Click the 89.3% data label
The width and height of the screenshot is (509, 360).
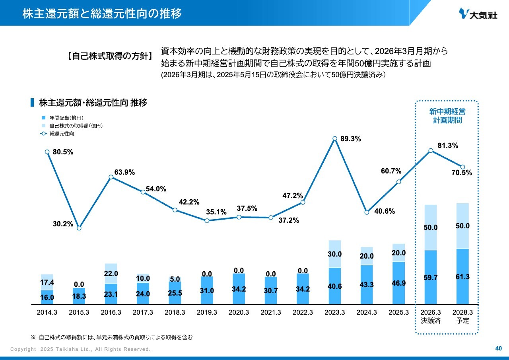351,139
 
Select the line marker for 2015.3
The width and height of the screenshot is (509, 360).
79,228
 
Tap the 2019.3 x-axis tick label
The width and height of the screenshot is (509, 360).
207,312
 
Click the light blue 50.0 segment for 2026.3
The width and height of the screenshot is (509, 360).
431,228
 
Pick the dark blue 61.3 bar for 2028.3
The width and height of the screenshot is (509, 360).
463,276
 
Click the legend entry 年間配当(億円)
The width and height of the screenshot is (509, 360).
66,118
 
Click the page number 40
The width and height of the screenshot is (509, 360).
498,349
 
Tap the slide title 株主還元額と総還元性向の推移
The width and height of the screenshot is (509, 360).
102,14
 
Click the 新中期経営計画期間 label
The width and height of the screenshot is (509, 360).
447,115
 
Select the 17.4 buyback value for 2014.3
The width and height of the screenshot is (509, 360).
47,282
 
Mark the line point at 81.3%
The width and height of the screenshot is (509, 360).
431,151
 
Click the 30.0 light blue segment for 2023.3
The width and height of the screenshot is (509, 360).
335,254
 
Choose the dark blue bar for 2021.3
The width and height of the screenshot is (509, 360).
271,290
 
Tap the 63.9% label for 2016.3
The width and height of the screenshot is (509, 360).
124,172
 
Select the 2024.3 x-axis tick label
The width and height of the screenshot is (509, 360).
367,312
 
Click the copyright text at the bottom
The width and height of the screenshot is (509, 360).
80,349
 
